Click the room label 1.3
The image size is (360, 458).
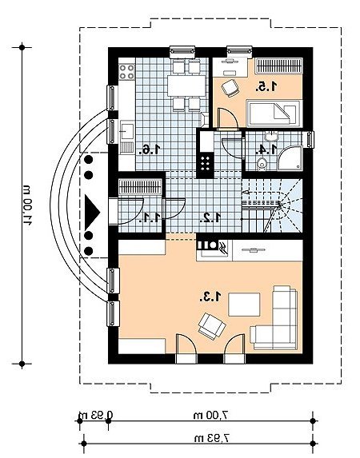(x=210, y=297)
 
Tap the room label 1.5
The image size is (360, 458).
(x=266, y=86)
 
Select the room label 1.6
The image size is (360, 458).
(x=150, y=149)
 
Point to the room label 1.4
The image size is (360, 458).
(x=266, y=149)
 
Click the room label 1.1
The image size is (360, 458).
(x=150, y=217)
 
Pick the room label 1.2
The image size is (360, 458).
(x=210, y=217)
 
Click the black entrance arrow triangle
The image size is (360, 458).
(x=92, y=213)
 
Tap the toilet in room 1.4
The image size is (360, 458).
(x=262, y=164)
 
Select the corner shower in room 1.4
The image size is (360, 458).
(x=290, y=157)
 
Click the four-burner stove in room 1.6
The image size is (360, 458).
(x=127, y=72)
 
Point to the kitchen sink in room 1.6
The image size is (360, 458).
(x=126, y=131)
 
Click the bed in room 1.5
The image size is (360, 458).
(x=274, y=114)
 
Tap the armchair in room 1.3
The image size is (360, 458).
(x=212, y=326)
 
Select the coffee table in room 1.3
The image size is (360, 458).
(x=244, y=305)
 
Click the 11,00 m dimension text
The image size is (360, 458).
(x=27, y=205)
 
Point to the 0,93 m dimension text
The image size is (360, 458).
(x=96, y=415)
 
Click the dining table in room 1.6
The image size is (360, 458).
(x=186, y=86)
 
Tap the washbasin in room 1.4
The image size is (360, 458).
(x=271, y=136)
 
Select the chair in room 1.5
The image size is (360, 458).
(x=230, y=88)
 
